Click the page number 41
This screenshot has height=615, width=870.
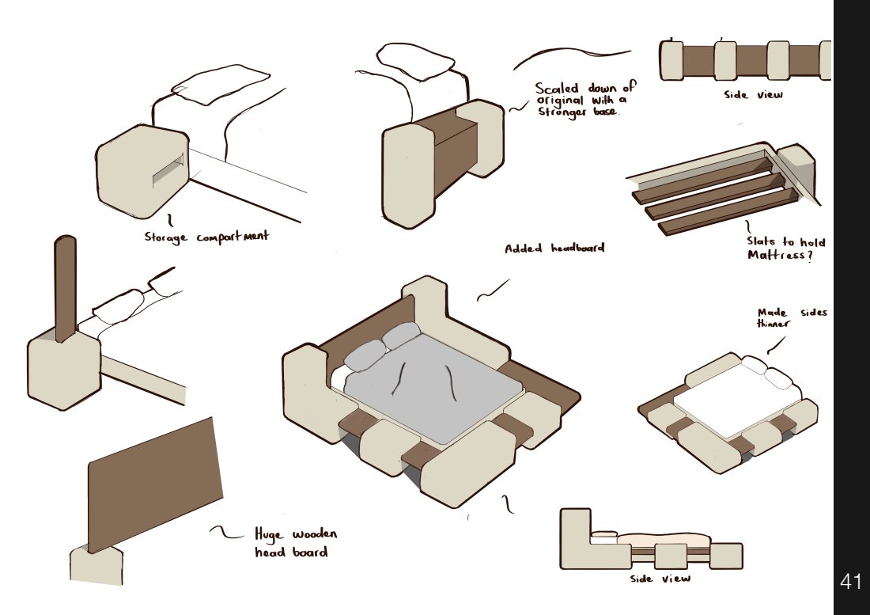850,581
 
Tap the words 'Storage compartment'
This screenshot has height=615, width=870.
206,237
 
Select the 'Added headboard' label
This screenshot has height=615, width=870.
554,248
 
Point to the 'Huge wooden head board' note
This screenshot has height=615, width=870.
295,543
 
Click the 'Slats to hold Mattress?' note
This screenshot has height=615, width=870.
785,249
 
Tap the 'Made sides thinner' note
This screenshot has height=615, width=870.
792,317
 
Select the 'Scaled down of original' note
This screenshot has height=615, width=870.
584,100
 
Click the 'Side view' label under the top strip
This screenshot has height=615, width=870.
753,95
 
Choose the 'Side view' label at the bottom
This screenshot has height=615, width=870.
660,579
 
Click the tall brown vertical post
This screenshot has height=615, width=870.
65,289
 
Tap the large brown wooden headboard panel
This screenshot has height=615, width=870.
154,484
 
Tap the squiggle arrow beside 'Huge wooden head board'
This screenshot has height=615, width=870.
226,533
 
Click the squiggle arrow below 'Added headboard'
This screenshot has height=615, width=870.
493,290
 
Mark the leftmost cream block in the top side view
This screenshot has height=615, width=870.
671,60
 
